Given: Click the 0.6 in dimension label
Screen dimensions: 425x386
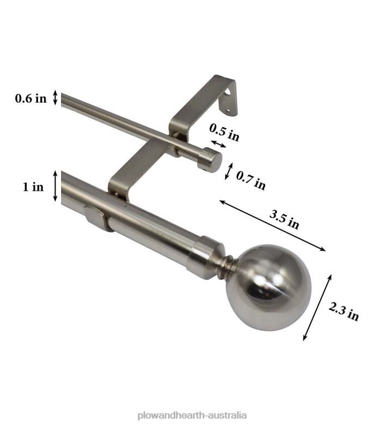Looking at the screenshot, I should tap(31, 99).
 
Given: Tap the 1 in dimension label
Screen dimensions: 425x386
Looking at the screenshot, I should tap(33, 187).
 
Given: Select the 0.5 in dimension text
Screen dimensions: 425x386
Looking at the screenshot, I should tap(224, 131).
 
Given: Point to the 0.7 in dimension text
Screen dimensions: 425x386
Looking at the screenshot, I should tap(251, 181).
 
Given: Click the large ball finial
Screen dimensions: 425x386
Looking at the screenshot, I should tap(275, 286).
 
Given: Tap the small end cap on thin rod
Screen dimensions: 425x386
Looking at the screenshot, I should tap(209, 160).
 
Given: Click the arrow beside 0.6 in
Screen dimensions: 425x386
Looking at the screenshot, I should tap(55, 98).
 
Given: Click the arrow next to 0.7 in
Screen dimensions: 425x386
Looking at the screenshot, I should tap(229, 171).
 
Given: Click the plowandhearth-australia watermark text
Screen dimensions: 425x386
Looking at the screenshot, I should tap(194, 416).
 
